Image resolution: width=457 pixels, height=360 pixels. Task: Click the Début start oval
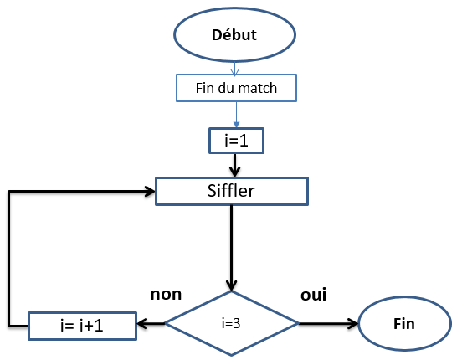point(235,34)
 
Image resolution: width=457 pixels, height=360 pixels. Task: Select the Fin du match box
point(236,88)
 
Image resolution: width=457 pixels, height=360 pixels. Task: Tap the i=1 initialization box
point(236,141)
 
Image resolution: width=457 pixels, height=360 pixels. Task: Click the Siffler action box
point(232,191)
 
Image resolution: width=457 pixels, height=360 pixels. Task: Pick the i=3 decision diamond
point(232,323)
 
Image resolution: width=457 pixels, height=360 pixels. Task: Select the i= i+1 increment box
point(83,326)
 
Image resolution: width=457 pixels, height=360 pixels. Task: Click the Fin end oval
point(404,323)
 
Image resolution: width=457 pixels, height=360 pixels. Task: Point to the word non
point(166,295)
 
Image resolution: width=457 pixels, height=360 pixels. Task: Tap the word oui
point(314,295)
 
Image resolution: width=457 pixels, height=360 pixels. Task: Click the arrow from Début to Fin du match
point(235,68)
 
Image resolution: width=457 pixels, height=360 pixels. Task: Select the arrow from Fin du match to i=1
point(236,115)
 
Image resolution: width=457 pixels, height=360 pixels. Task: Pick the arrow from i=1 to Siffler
point(234,165)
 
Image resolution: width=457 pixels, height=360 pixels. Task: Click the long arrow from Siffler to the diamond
point(232,248)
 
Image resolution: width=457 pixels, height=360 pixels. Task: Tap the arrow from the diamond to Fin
point(328,323)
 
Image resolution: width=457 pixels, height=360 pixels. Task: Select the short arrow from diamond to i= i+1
point(151,323)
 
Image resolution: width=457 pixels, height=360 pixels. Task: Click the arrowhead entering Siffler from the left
point(150,192)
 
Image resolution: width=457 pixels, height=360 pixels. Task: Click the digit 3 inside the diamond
point(237,323)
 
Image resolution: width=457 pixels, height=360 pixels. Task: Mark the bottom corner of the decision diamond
point(232,356)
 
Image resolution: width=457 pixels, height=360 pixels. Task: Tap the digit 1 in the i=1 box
point(244,141)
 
